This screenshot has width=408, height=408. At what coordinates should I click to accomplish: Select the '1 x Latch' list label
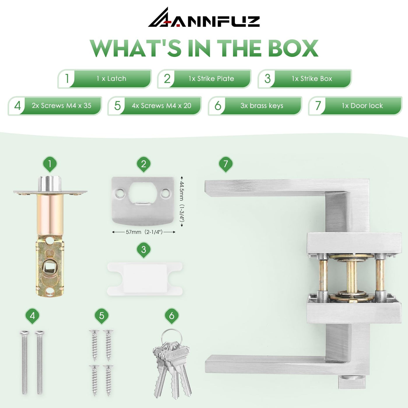pos(111,79)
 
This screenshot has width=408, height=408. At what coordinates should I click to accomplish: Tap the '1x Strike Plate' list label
pos(211,79)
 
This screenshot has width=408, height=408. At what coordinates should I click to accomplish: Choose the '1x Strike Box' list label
pos(312,79)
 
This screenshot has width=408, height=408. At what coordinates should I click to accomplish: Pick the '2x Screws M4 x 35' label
pos(61,105)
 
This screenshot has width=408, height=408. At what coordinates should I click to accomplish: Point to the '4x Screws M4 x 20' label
pos(161,105)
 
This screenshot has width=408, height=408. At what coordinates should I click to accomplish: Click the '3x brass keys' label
pos(262,105)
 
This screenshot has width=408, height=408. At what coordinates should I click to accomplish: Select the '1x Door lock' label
pos(362,105)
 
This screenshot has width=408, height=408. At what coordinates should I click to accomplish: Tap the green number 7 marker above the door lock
pos(226,164)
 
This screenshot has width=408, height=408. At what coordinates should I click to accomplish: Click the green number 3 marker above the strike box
pos(144,250)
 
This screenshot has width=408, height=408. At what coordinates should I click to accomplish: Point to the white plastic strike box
pos(145,279)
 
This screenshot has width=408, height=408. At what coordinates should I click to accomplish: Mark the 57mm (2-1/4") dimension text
pos(144,232)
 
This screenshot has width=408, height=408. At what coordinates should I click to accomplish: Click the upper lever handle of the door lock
pos(275,187)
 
